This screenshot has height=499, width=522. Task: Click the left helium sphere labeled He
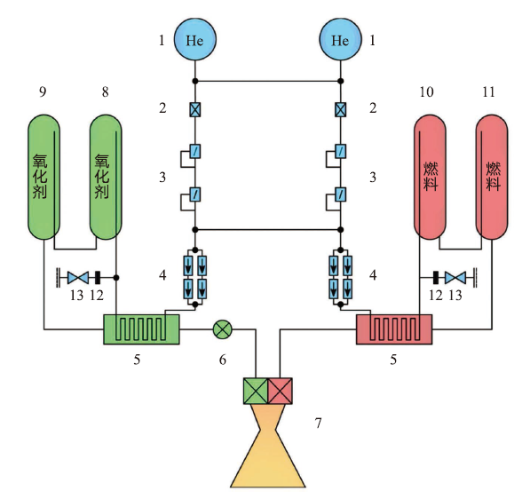click(194, 40)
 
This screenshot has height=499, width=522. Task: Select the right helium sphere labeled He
click(340, 40)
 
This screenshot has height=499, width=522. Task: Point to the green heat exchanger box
click(142, 329)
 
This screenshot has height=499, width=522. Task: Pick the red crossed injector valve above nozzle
click(281, 390)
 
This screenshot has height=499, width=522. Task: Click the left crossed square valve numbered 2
click(194, 110)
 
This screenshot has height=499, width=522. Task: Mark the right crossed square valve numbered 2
click(340, 110)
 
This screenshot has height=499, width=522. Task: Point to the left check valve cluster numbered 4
click(194, 277)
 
